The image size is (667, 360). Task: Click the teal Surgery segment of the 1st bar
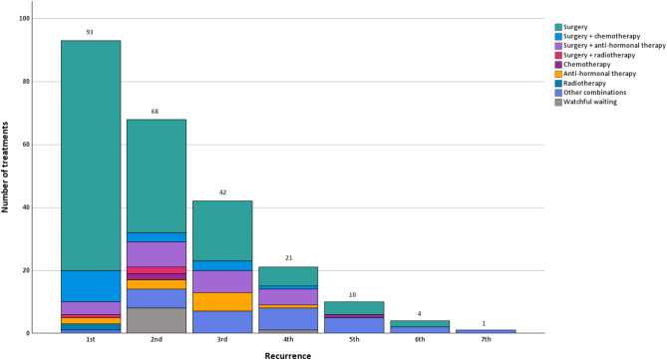[x=91, y=156]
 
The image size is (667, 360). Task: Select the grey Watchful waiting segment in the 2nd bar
[x=157, y=320]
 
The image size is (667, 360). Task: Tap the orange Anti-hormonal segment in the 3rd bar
[x=222, y=302]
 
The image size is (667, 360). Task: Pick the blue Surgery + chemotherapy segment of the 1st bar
[x=91, y=286]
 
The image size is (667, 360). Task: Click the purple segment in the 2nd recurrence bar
[x=157, y=254]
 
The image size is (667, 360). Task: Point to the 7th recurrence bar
[x=486, y=331]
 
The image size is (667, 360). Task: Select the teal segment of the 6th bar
[x=420, y=324]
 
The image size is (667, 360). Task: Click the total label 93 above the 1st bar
[x=90, y=32]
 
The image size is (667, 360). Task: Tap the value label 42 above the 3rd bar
[x=222, y=192]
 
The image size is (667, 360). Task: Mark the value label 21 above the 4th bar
[x=288, y=258]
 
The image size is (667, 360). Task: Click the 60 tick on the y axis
[x=26, y=145]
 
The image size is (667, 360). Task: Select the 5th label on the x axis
[x=354, y=340]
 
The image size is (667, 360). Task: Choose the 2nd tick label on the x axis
[x=157, y=340]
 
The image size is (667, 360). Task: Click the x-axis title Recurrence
[x=288, y=356]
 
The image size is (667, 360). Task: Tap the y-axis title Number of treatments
[x=5, y=168]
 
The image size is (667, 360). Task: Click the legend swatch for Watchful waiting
[x=558, y=102]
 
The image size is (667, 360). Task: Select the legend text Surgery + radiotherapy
[x=599, y=55]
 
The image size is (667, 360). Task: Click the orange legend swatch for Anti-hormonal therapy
[x=558, y=74]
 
